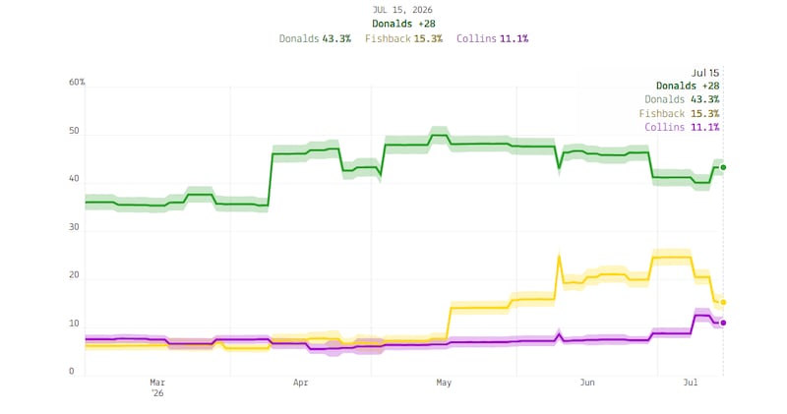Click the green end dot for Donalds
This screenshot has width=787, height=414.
tap(723, 167)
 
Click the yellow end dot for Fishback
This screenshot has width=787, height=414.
tap(723, 303)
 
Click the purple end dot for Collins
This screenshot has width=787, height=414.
tap(723, 323)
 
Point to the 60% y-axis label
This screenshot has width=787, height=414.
tap(77, 82)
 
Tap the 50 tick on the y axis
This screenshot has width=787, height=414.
tap(74, 131)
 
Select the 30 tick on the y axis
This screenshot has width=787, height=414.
tap(74, 227)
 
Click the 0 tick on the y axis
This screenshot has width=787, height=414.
tap(71, 372)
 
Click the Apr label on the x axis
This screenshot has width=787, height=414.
tap(300, 383)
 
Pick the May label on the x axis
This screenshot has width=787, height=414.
tap(444, 383)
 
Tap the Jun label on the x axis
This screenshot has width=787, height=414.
tap(587, 383)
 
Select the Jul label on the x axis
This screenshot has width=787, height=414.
tap(691, 383)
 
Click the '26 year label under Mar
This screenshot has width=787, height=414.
tap(157, 393)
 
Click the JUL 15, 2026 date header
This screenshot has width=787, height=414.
tap(402, 10)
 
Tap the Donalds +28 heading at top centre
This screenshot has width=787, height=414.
tap(403, 24)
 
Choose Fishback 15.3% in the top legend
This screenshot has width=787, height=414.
tap(403, 38)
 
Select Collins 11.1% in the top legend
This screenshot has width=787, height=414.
tap(493, 38)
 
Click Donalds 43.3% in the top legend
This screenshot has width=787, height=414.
tap(315, 38)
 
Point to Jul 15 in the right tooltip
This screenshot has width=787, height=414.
tap(705, 74)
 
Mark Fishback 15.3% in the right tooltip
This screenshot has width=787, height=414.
tap(679, 113)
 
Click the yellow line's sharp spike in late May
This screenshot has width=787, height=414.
tap(559, 256)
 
